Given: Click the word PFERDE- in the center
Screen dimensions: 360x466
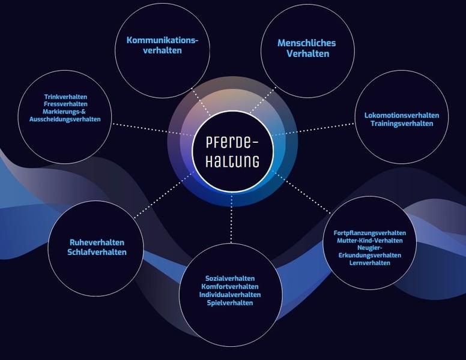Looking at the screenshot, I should click(232, 144).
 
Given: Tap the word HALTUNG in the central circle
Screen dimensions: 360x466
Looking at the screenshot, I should click(232, 161).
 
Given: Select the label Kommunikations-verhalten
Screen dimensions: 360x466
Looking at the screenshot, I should click(162, 46).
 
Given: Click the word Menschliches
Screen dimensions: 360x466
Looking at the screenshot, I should click(306, 43).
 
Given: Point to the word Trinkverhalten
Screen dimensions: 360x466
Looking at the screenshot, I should click(66, 96).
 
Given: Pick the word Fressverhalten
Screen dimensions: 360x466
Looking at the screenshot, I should click(66, 104).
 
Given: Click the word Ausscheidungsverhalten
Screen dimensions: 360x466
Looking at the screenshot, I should click(65, 119).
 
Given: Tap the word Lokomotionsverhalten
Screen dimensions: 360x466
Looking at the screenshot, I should click(402, 115).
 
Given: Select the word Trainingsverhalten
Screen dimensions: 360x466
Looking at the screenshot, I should click(402, 124).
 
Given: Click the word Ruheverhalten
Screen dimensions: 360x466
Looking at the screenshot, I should click(97, 243).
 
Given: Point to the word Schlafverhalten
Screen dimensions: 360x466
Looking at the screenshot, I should click(97, 252).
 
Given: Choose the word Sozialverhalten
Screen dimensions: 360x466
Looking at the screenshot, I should click(230, 279).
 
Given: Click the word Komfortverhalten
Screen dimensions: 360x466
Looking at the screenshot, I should click(230, 287).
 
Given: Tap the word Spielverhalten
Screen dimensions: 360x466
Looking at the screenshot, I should click(230, 303).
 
